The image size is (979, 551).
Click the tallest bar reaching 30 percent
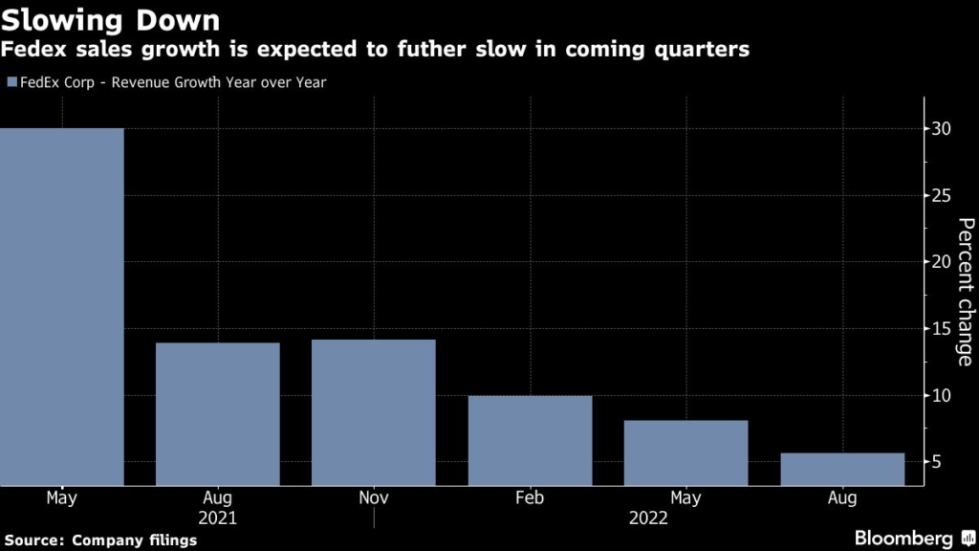click(62, 306)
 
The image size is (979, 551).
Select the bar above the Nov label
click(374, 412)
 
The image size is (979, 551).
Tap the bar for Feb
click(530, 440)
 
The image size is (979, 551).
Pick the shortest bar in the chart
click(842, 469)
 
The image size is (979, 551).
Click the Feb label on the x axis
click(530, 498)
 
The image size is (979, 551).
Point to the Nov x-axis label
click(374, 498)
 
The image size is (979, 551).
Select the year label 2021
click(218, 518)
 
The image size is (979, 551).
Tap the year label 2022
click(649, 518)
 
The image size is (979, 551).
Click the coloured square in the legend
click(11, 83)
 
